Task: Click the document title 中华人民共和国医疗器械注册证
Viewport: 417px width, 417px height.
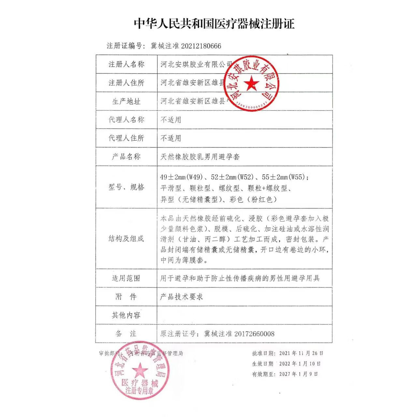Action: [x=214, y=24]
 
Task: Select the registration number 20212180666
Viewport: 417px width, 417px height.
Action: [x=201, y=46]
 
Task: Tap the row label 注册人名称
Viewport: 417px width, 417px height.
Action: [x=126, y=64]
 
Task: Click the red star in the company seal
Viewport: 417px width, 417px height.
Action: [x=251, y=83]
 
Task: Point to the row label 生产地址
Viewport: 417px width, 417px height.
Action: [x=126, y=101]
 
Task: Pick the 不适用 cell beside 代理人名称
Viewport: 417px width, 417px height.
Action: [x=171, y=120]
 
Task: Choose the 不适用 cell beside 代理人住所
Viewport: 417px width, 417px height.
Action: [x=171, y=138]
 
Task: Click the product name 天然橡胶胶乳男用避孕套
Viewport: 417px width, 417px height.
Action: [x=200, y=157]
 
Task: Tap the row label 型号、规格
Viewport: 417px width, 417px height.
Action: [x=126, y=187]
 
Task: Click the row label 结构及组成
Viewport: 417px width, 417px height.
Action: [x=126, y=238]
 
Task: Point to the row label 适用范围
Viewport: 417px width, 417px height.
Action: [x=126, y=278]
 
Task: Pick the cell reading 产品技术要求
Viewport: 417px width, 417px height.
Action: [x=181, y=296]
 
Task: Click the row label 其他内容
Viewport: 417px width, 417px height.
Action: [x=126, y=315]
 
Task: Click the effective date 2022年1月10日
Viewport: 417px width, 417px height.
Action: [x=300, y=364]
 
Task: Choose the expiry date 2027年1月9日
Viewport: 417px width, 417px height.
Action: [x=298, y=374]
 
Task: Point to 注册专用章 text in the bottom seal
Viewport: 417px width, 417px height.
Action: [x=139, y=391]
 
